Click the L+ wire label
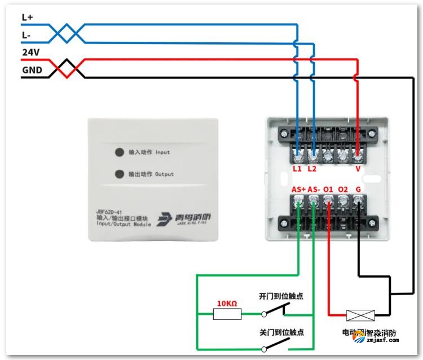(x=28, y=17)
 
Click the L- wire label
(x=27, y=35)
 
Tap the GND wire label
(x=31, y=71)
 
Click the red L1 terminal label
(x=297, y=169)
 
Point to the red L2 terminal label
(x=312, y=169)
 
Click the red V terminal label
(x=358, y=169)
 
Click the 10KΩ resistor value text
(x=227, y=304)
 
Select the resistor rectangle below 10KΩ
(x=227, y=314)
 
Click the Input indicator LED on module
(x=120, y=152)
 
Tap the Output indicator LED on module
(x=120, y=174)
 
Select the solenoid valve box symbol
(x=359, y=315)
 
